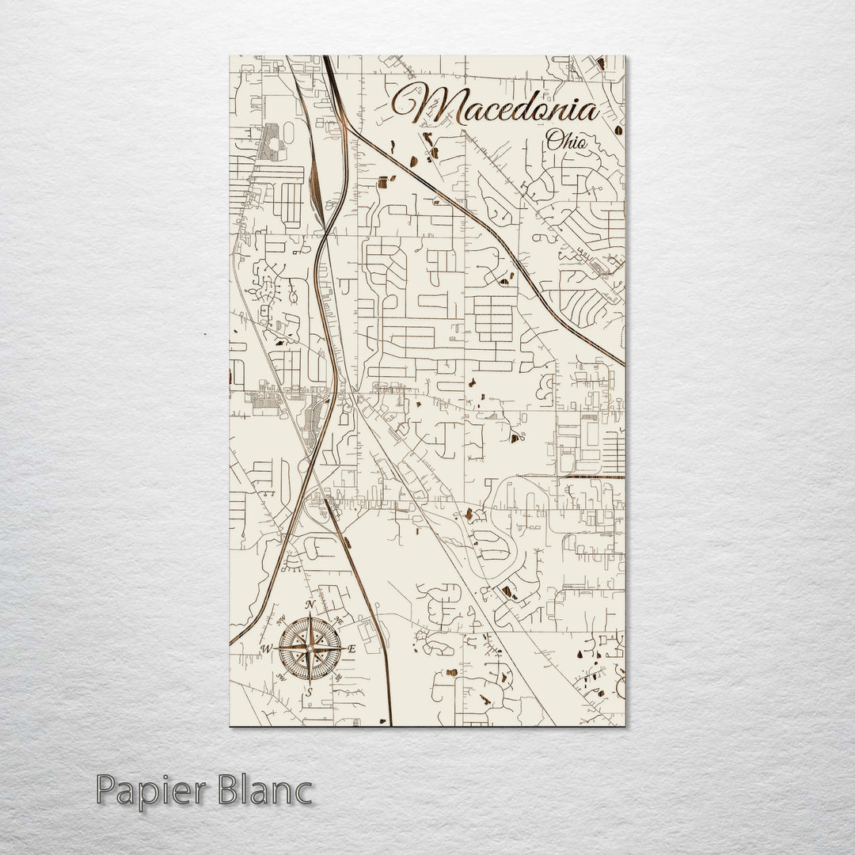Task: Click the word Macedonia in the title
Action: (x=497, y=105)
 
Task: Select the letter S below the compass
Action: (x=310, y=691)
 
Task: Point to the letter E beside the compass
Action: (x=353, y=649)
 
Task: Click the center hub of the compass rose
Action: (x=310, y=648)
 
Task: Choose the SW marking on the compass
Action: (x=281, y=678)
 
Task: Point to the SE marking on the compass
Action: (x=339, y=678)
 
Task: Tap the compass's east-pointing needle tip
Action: (x=343, y=648)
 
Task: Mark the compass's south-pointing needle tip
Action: (x=310, y=681)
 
